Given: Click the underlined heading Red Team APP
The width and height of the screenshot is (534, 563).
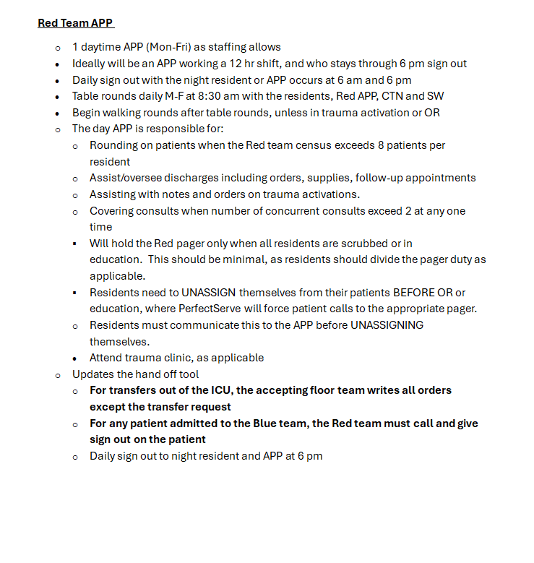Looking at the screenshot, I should [x=75, y=23].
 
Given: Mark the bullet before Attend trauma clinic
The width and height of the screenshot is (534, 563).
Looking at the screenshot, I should [x=76, y=358].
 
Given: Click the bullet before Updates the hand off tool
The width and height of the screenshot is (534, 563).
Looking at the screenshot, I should [x=59, y=375].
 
